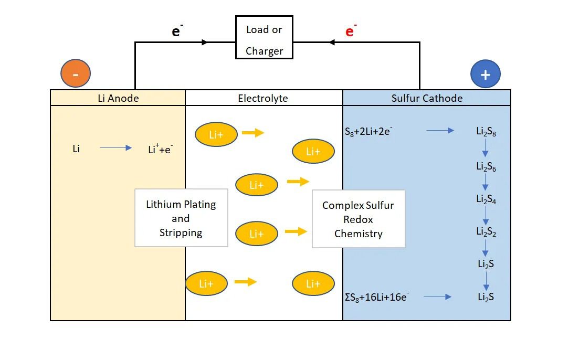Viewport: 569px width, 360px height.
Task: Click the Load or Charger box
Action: tap(264, 37)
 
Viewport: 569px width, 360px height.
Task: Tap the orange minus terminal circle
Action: tap(76, 73)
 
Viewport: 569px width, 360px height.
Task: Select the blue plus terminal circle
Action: tap(486, 74)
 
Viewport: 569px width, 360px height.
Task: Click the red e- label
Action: tap(351, 30)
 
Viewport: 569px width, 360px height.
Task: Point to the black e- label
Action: tap(177, 30)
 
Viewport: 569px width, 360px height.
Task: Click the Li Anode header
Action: tap(118, 98)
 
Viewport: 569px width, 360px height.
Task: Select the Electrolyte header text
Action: tap(263, 98)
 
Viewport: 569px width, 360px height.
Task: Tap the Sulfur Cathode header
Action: tap(427, 98)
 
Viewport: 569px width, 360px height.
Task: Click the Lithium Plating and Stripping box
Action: tap(181, 218)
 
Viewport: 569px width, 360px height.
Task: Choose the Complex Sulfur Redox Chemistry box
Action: tap(359, 219)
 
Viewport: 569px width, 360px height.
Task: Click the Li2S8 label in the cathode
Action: tap(486, 131)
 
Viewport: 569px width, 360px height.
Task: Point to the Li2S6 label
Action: tap(486, 166)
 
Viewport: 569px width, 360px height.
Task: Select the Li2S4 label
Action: tap(486, 199)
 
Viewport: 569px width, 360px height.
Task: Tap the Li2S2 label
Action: tap(486, 231)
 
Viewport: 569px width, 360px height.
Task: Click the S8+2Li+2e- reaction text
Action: tap(368, 131)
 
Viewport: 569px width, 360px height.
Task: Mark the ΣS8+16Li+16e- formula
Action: tap(377, 297)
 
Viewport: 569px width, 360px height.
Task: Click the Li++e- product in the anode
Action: tap(161, 149)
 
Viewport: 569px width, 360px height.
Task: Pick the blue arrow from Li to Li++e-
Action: tap(116, 147)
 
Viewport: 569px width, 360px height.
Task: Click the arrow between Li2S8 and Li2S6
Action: tap(485, 148)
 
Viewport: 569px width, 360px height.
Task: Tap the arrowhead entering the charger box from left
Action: tap(204, 42)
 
